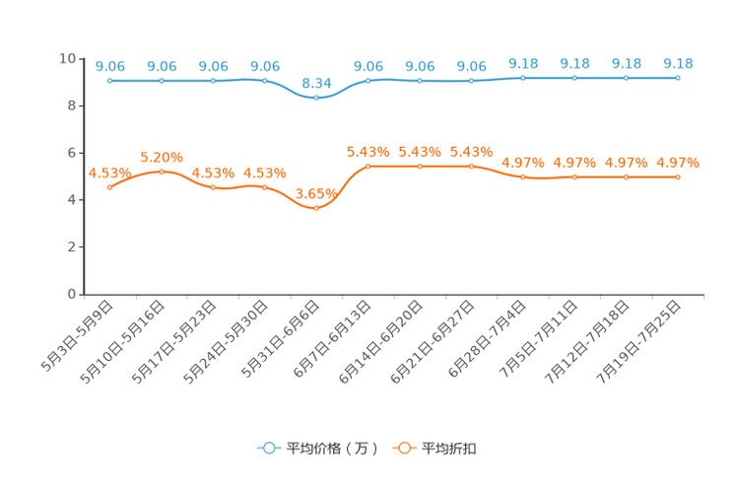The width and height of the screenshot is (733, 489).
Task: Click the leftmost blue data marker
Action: click(x=110, y=80)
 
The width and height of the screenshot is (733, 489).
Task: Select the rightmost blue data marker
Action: click(x=678, y=77)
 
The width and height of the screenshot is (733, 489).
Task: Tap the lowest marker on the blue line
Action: click(x=316, y=97)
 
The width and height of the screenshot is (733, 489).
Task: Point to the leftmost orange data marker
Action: click(x=110, y=186)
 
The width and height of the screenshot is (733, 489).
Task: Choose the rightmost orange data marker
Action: click(x=678, y=176)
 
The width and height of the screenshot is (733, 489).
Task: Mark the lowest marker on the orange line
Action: click(x=316, y=208)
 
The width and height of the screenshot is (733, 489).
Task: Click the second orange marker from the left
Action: click(x=162, y=172)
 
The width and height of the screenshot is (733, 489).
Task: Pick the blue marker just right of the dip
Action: click(x=368, y=80)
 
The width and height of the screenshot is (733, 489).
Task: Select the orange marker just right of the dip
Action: click(x=368, y=166)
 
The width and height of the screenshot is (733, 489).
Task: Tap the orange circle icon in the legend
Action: click(x=404, y=448)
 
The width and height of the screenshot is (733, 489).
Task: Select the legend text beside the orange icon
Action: click(x=450, y=449)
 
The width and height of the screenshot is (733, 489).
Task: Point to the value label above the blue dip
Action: click(x=316, y=83)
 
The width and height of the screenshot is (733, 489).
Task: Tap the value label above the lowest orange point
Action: click(x=316, y=193)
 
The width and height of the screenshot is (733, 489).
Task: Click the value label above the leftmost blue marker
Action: click(x=110, y=66)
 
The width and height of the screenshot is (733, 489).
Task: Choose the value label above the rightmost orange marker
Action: click(x=678, y=163)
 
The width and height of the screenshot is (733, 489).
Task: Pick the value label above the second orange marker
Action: click(x=162, y=157)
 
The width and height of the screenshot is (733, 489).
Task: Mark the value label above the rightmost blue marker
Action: click(x=678, y=63)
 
